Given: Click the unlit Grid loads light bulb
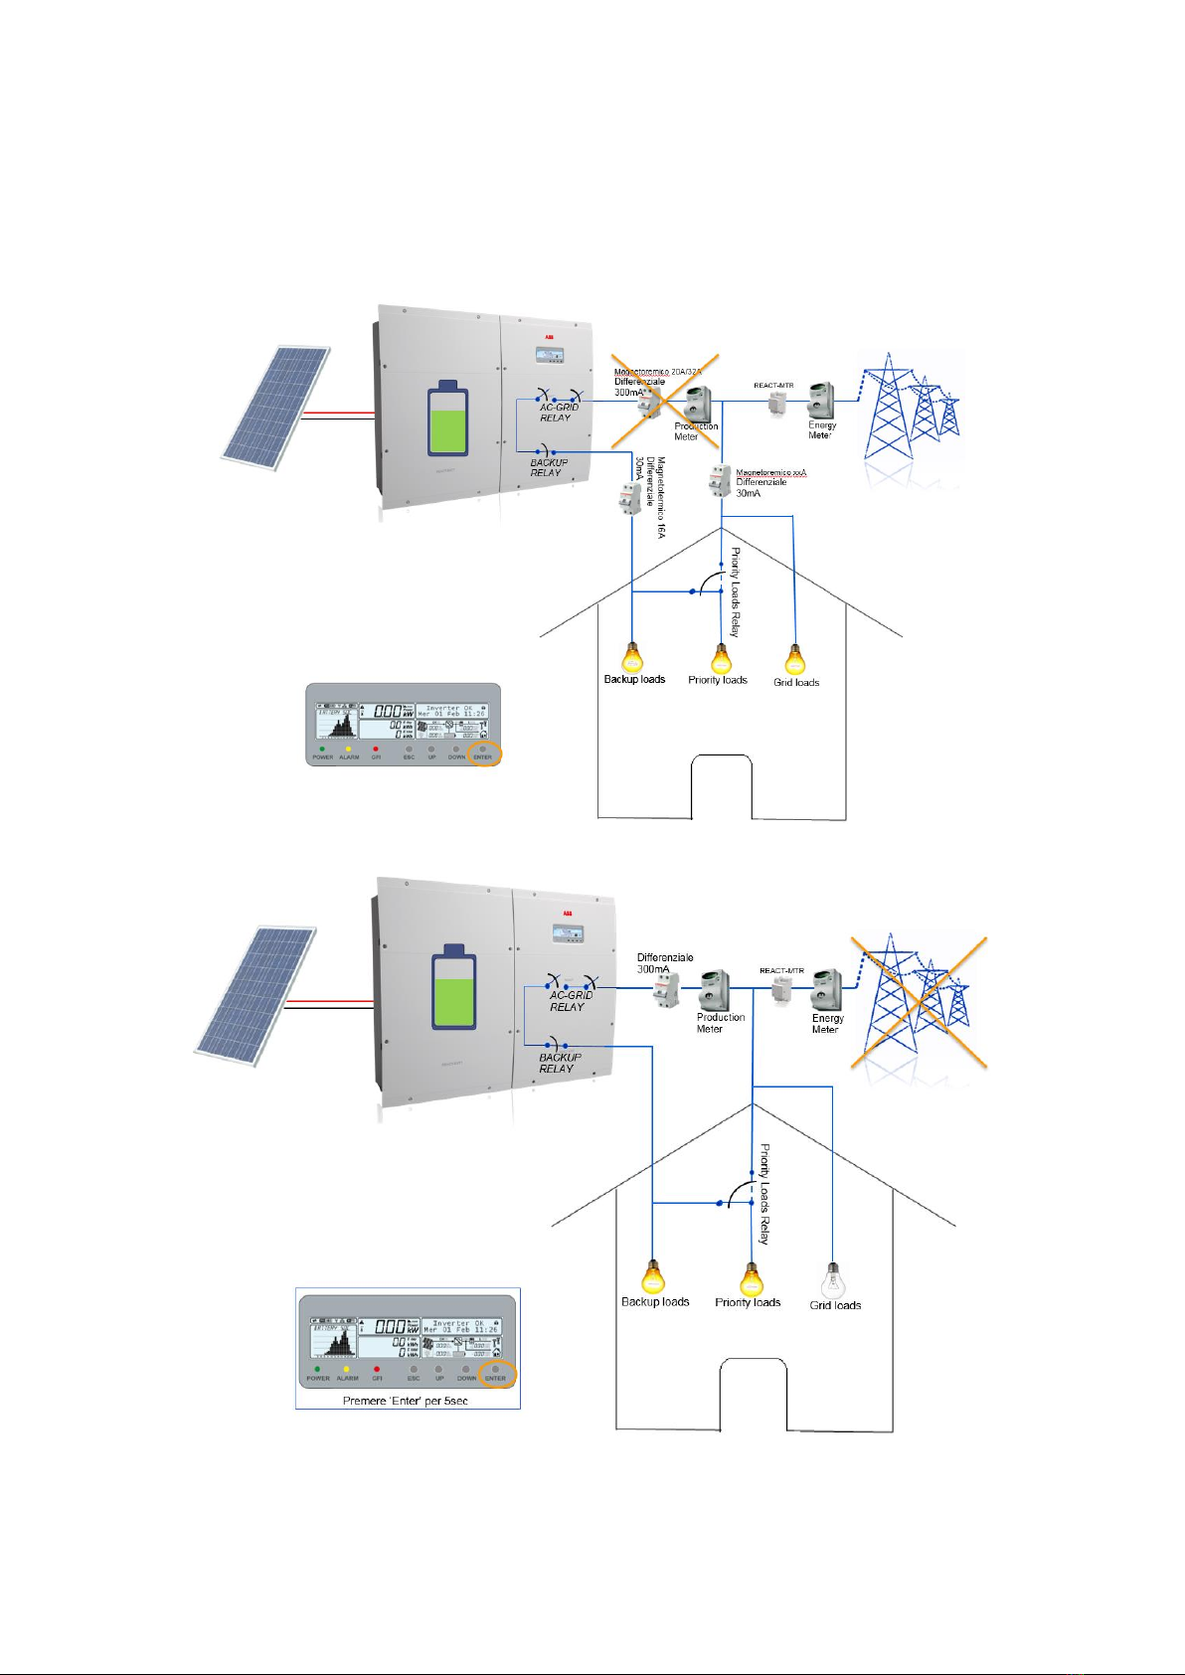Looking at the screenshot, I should pyautogui.click(x=833, y=1279).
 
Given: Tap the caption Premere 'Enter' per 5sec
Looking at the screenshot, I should pyautogui.click(x=405, y=1400).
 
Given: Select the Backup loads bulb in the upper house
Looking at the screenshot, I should pyautogui.click(x=632, y=657).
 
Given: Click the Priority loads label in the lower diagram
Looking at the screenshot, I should pyautogui.click(x=748, y=1302).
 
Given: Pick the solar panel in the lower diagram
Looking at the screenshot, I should pyautogui.click(x=254, y=994).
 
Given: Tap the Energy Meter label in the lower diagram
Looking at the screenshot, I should pyautogui.click(x=827, y=1024).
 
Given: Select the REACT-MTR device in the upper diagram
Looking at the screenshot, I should pyautogui.click(x=776, y=403).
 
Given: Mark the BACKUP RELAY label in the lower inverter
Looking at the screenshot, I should pyautogui.click(x=559, y=1063).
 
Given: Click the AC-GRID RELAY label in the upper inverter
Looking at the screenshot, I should pyautogui.click(x=559, y=413).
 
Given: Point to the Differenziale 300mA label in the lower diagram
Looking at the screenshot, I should pyautogui.click(x=665, y=962).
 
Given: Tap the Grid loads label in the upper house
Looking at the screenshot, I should pyautogui.click(x=796, y=683).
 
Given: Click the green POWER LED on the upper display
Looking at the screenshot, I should pyautogui.click(x=322, y=749).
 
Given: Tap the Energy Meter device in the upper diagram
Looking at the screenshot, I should pyautogui.click(x=820, y=401).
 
